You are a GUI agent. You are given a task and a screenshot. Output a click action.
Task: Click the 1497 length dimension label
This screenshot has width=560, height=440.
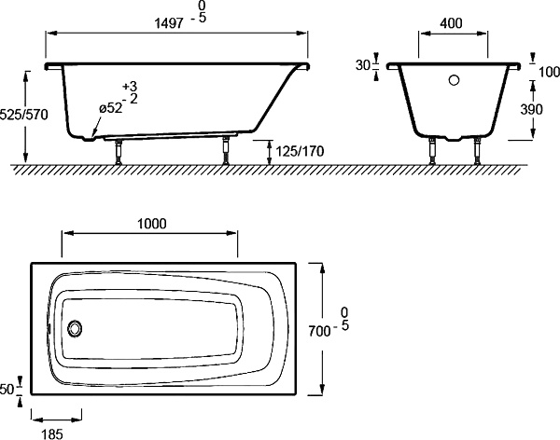click(x=169, y=23)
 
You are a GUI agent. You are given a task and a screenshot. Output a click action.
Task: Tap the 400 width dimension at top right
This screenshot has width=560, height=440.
click(x=451, y=23)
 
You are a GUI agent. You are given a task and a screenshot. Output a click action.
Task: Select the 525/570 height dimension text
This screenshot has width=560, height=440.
click(x=23, y=115)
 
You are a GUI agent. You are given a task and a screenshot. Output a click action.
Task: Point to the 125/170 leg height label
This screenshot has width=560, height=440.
click(x=300, y=151)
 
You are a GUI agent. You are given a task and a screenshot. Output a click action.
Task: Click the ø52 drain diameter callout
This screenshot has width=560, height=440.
click(x=111, y=108)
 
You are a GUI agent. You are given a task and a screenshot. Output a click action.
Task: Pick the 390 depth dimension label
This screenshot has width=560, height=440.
click(x=531, y=110)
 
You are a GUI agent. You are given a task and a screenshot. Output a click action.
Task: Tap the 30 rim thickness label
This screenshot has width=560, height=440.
click(x=363, y=65)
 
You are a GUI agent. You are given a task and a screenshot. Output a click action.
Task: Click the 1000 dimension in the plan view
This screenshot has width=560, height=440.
click(x=152, y=224)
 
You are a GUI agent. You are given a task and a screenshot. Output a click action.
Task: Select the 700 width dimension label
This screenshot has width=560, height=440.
click(x=319, y=332)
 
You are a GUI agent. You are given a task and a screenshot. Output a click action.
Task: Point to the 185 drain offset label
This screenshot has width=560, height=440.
click(x=52, y=434)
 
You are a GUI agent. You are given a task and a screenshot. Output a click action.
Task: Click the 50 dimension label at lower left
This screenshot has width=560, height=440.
click(x=7, y=390)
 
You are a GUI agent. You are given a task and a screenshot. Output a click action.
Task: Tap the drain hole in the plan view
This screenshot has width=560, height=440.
click(x=75, y=328)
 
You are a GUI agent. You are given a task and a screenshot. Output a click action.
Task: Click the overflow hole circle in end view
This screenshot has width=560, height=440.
click(x=454, y=80)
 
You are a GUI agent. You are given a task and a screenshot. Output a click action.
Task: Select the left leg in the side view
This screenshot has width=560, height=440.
click(x=119, y=152)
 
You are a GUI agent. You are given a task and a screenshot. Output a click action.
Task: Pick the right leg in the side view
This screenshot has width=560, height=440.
click(x=226, y=150)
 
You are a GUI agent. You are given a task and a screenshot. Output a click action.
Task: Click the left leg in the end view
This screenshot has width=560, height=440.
click(x=432, y=151)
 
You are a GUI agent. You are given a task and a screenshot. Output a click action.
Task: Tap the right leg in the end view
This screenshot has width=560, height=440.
click(x=478, y=151)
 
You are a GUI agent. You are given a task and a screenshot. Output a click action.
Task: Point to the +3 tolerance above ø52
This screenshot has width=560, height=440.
click(x=130, y=87)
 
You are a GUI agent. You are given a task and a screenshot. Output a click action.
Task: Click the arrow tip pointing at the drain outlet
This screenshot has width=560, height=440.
click(x=91, y=137)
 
